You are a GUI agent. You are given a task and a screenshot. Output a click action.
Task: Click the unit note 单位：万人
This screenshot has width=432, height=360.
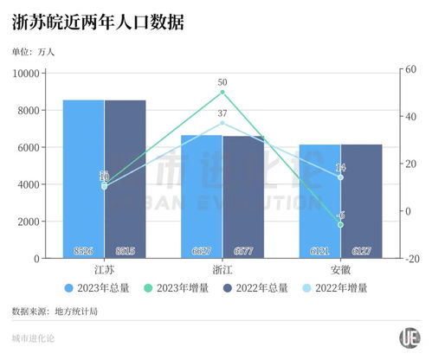33,52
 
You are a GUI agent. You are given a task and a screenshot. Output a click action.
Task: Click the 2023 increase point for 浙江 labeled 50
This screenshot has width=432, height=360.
222,92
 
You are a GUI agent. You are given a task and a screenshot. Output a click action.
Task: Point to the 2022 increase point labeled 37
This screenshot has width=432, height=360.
222,123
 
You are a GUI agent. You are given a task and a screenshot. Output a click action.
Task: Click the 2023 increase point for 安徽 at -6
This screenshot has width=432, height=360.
340,224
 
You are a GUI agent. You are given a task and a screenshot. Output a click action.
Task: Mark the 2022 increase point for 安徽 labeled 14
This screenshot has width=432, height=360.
340,177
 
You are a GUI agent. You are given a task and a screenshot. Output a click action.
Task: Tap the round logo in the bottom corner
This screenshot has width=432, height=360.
408,337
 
